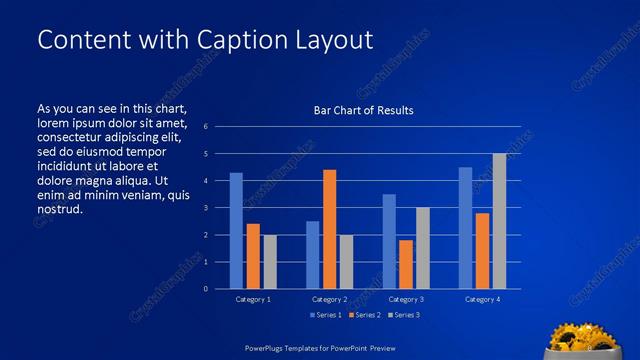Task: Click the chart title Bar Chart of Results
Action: (x=364, y=110)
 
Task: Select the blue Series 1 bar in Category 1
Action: (x=236, y=231)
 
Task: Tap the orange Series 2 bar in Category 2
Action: (x=329, y=229)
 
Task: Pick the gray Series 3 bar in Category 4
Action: (x=499, y=221)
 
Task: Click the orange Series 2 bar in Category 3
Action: (x=406, y=264)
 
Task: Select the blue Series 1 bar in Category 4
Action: (x=465, y=228)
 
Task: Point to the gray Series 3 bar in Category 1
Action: (x=270, y=262)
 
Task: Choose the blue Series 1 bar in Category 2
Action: (x=312, y=255)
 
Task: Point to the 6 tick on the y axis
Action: (x=204, y=127)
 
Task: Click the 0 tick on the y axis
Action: (x=204, y=289)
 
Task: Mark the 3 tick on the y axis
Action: (x=204, y=208)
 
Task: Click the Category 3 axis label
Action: (x=406, y=299)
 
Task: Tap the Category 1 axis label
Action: (x=253, y=299)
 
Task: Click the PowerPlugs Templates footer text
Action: (x=320, y=348)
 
